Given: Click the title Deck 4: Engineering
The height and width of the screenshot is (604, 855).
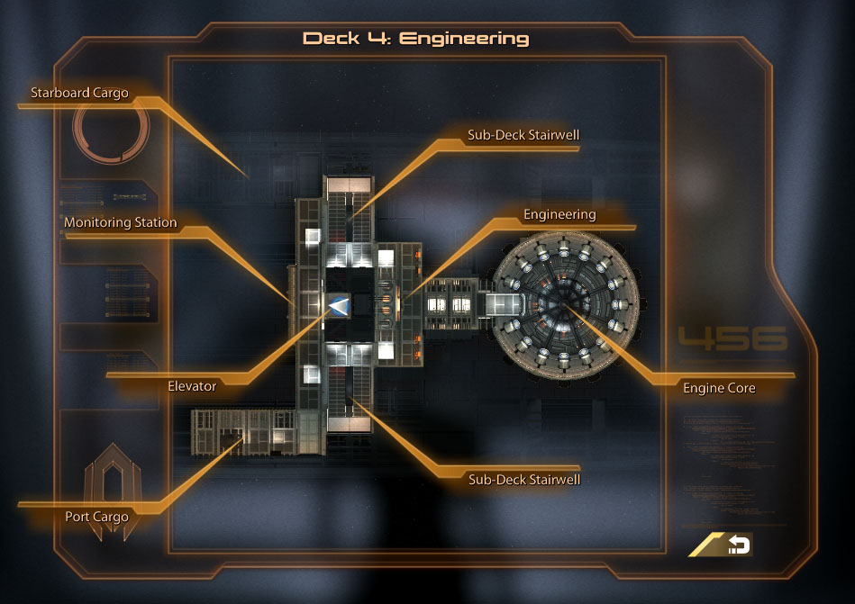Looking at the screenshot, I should [415, 39].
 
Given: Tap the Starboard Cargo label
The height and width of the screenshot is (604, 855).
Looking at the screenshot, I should [79, 93].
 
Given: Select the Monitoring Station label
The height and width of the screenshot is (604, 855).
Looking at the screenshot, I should [120, 222].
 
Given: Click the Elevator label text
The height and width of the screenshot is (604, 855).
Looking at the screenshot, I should [192, 386].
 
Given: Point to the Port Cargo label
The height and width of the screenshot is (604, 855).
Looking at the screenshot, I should [96, 517].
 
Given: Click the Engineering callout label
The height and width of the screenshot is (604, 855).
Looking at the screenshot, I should [559, 214].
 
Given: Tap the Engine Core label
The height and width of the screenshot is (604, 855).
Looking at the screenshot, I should [719, 388].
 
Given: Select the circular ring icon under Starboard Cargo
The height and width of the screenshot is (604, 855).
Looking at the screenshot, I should [110, 134].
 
